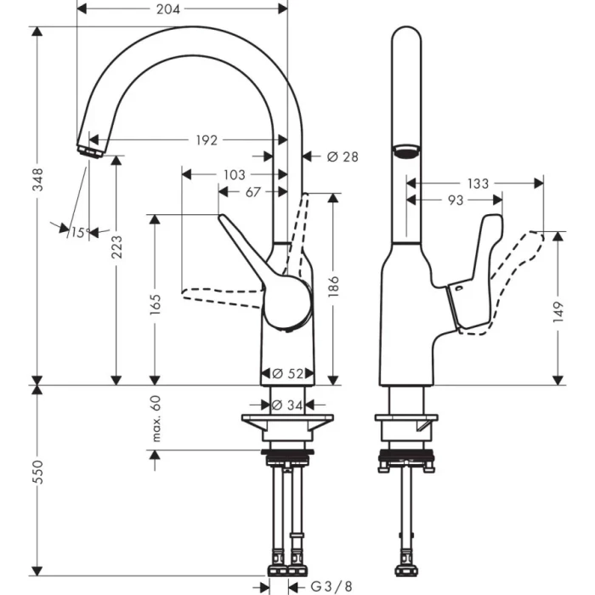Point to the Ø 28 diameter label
(x=343, y=156)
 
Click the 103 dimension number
(x=234, y=174)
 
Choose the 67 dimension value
(x=252, y=192)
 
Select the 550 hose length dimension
(x=37, y=481)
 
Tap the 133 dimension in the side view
(x=478, y=183)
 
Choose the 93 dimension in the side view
(x=456, y=201)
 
